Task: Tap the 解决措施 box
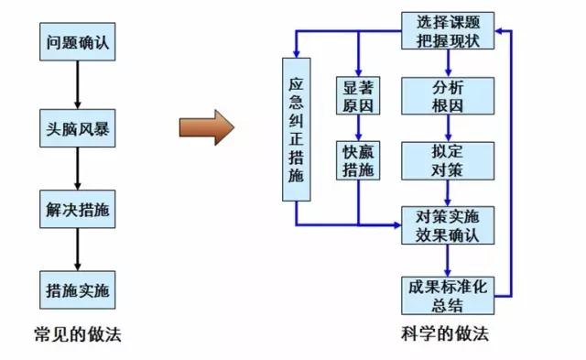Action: point(77,208)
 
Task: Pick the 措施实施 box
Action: point(77,290)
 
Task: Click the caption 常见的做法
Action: point(76,335)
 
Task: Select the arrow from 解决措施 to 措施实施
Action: point(77,249)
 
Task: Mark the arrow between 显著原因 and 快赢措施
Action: point(358,128)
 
